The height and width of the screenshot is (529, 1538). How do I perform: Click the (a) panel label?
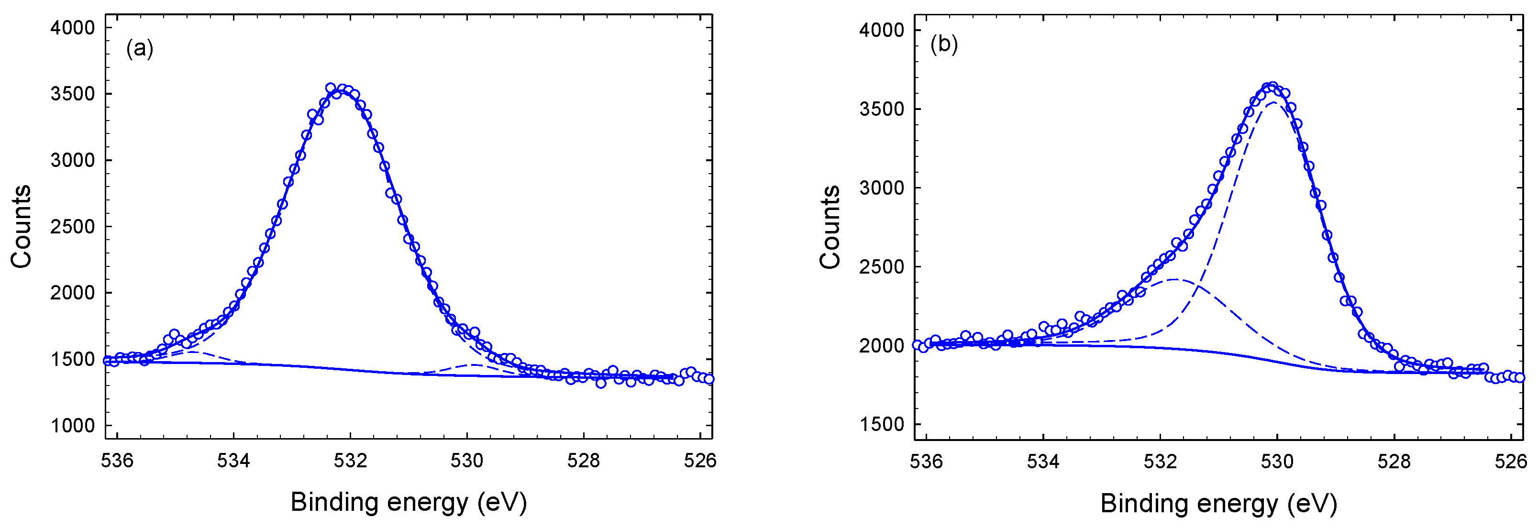click(x=140, y=48)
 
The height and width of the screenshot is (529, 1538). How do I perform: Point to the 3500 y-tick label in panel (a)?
click(x=73, y=94)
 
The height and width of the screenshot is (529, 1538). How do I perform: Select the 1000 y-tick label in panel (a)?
click(x=73, y=426)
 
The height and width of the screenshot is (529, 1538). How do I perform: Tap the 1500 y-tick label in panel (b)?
click(x=882, y=425)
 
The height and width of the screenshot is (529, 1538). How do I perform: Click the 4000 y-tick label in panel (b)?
click(x=882, y=30)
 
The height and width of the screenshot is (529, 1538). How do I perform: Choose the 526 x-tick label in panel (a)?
click(x=700, y=460)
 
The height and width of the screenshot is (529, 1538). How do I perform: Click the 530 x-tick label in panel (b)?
click(x=1277, y=462)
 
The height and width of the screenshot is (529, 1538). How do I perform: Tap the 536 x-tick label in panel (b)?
click(x=926, y=462)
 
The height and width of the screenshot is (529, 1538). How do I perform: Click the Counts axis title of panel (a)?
click(x=22, y=226)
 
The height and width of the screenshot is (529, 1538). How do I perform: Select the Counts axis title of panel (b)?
click(x=830, y=227)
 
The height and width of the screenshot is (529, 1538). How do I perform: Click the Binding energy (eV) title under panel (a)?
click(x=409, y=502)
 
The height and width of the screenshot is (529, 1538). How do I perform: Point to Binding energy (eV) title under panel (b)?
click(x=1218, y=503)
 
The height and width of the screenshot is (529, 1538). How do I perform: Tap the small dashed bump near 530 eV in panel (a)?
click(x=473, y=364)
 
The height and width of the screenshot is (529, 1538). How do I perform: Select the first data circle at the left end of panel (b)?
click(x=917, y=345)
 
